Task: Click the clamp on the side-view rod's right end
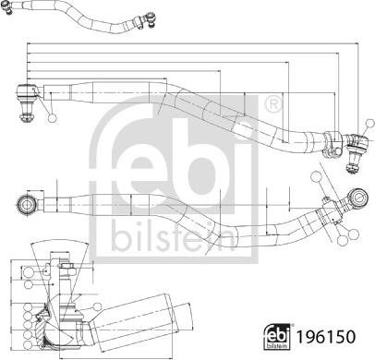[x=330, y=140]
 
